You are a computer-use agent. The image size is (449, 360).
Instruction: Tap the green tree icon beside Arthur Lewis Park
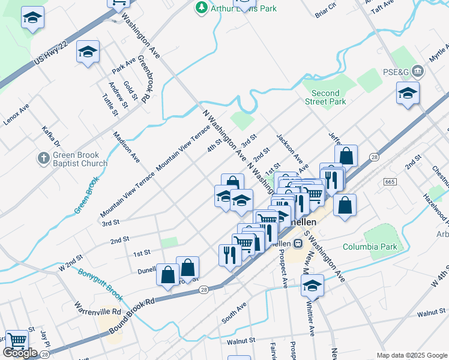200,8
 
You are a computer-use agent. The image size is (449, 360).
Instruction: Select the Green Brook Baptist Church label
80,158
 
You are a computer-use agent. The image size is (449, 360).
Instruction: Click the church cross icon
43,158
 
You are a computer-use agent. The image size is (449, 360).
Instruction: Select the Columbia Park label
370,247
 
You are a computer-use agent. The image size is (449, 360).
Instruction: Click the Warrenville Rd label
98,313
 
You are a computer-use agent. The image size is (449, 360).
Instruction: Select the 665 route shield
390,181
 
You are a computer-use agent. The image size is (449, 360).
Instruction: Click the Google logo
20,353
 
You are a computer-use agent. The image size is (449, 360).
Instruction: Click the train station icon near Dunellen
298,244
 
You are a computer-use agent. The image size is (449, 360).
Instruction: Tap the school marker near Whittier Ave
312,285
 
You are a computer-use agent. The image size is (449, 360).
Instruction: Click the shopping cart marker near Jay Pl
17,340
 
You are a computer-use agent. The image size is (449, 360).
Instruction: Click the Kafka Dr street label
51,136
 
